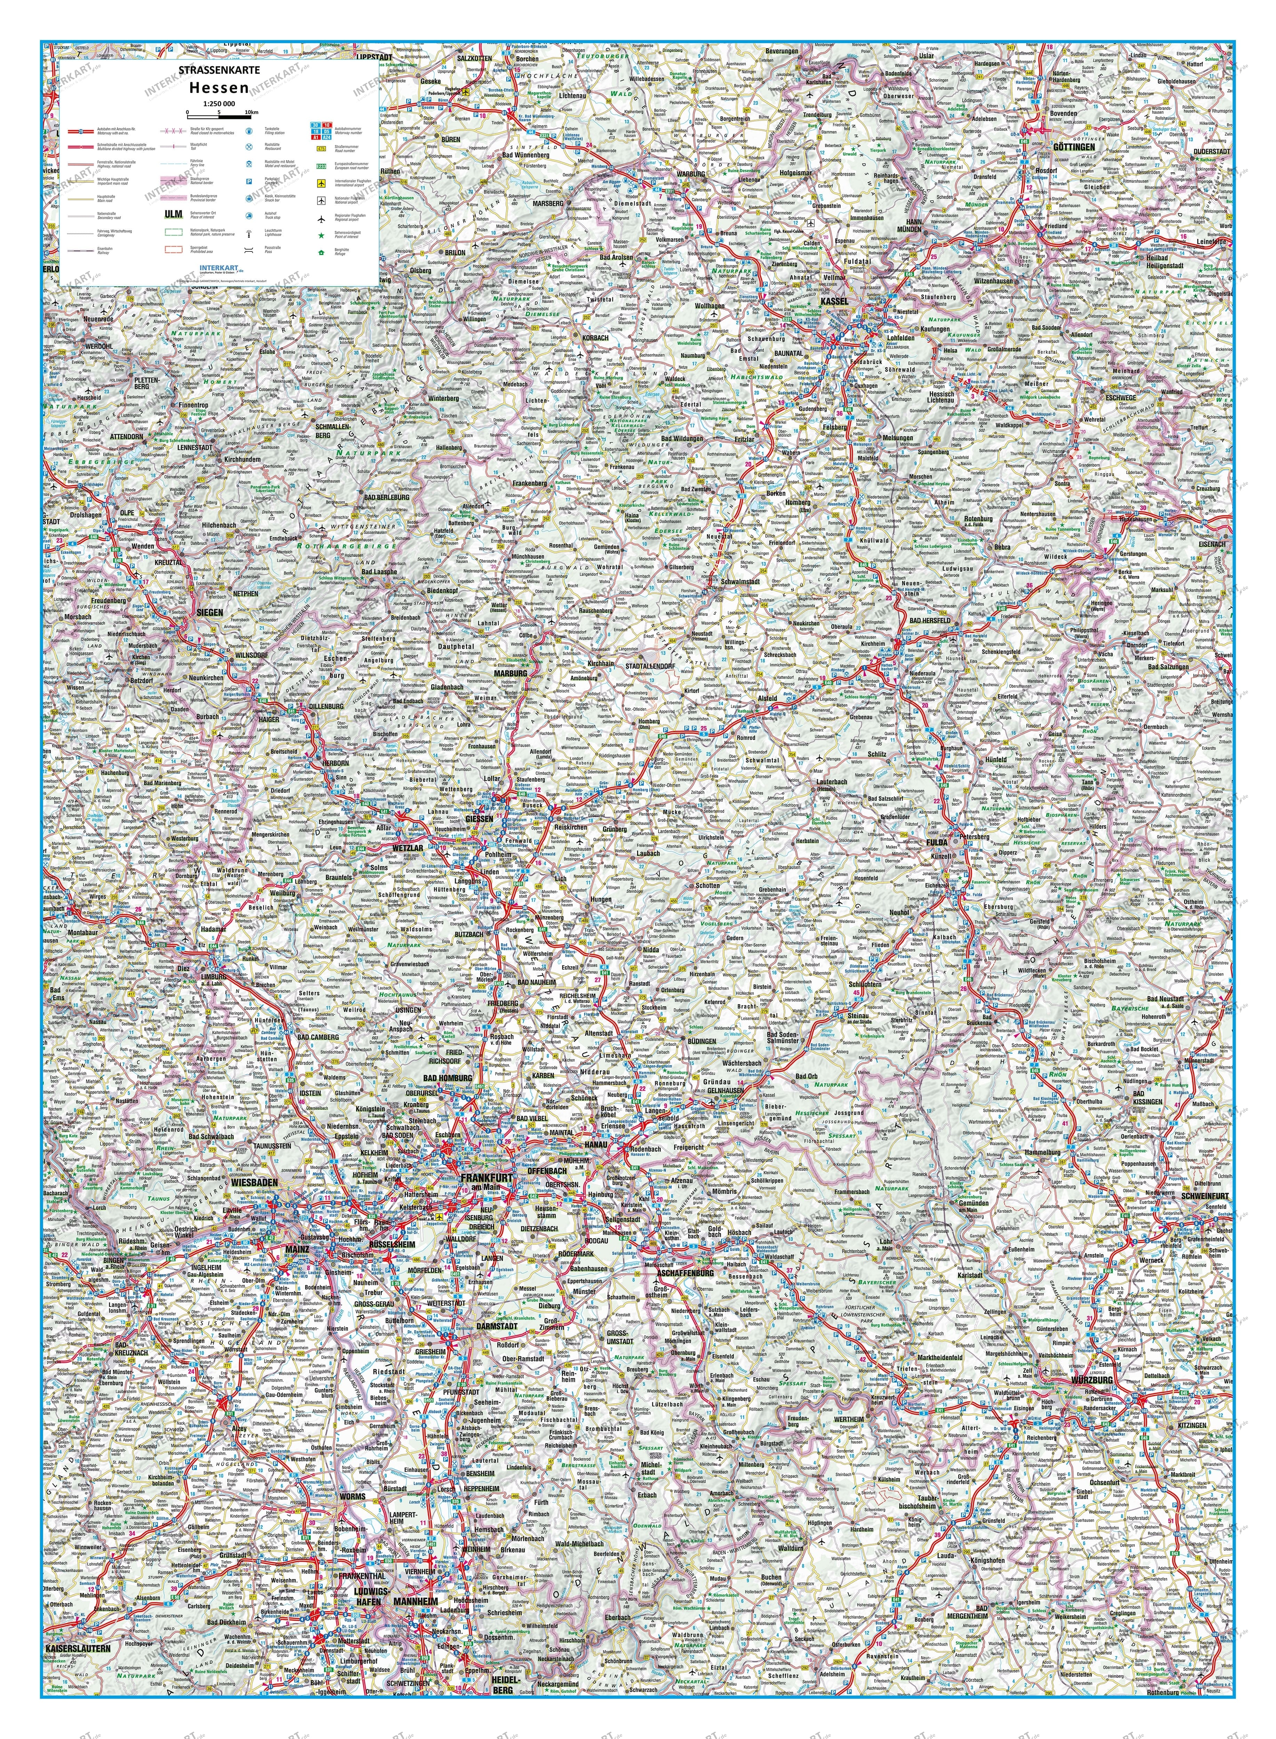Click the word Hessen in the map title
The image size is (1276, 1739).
tap(219, 88)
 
